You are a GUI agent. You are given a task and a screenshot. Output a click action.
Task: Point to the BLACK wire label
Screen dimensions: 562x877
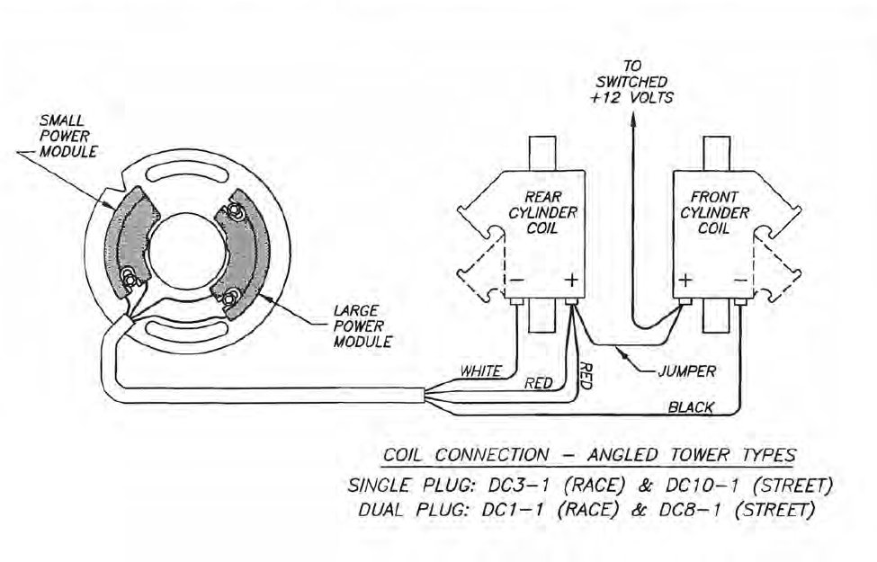pyautogui.click(x=690, y=407)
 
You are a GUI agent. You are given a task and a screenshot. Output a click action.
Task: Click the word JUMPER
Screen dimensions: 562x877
pyautogui.click(x=685, y=370)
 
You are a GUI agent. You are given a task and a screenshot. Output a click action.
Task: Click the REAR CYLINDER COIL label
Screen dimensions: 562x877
pyautogui.click(x=550, y=212)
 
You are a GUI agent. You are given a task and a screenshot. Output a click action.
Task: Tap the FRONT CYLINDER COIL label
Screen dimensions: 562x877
pyautogui.click(x=714, y=212)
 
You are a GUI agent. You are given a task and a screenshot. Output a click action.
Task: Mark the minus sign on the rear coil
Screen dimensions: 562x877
pyautogui.click(x=520, y=281)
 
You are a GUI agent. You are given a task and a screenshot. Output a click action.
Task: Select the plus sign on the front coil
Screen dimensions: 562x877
pyautogui.click(x=685, y=281)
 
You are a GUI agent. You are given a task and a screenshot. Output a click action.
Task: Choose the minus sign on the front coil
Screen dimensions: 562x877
pyautogui.click(x=739, y=281)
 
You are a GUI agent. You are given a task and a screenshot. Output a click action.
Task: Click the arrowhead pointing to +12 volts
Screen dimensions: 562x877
pyautogui.click(x=631, y=117)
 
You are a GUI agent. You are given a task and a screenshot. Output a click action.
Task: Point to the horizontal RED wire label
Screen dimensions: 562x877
pyautogui.click(x=537, y=384)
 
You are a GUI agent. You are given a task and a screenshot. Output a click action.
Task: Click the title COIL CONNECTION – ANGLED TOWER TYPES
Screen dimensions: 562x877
pyautogui.click(x=589, y=454)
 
